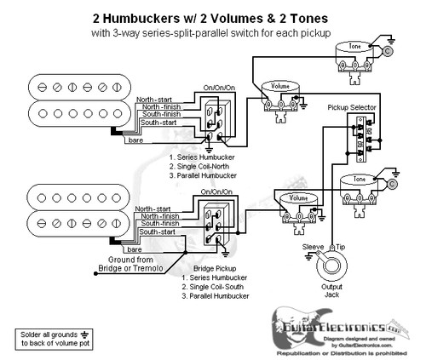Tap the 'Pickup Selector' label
point(353,108)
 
